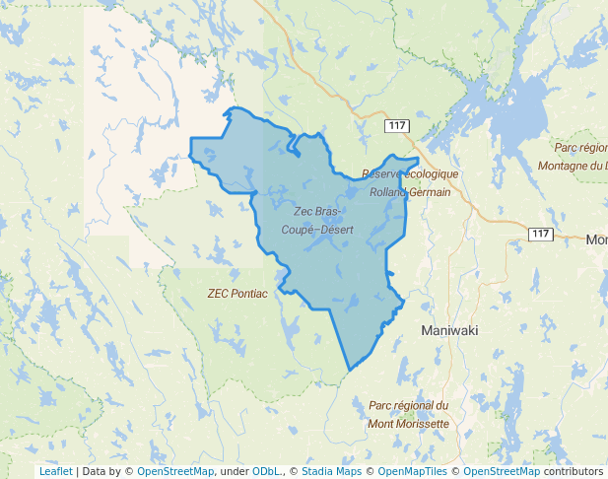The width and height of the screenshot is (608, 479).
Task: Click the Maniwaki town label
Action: pyautogui.click(x=449, y=331)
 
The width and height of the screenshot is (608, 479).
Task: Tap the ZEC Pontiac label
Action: pyautogui.click(x=236, y=294)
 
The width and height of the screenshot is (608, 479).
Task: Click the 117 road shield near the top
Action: pyautogui.click(x=397, y=126)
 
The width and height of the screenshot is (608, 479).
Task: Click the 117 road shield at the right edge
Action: pyautogui.click(x=540, y=234)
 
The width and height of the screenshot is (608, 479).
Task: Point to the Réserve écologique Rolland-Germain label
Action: pyautogui.click(x=410, y=183)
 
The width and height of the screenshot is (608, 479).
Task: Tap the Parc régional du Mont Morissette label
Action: pyautogui.click(x=408, y=415)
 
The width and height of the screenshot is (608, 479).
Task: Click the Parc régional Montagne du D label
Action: pyautogui.click(x=578, y=157)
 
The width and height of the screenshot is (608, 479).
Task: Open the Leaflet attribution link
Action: pyautogui.click(x=55, y=472)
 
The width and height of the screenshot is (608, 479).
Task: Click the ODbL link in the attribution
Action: pyautogui.click(x=265, y=472)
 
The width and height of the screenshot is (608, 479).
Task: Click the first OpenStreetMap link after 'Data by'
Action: pyautogui.click(x=175, y=472)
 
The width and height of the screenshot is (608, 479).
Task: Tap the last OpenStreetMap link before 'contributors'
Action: pyautogui.click(x=502, y=472)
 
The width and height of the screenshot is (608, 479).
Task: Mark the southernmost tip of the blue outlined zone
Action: pyautogui.click(x=350, y=372)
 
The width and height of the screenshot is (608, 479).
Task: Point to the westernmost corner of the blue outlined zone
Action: pyautogui.click(x=190, y=148)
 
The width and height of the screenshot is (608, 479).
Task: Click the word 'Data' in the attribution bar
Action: pyautogui.click(x=95, y=472)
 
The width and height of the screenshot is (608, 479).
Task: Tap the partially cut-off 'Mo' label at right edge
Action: pyautogui.click(x=596, y=240)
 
